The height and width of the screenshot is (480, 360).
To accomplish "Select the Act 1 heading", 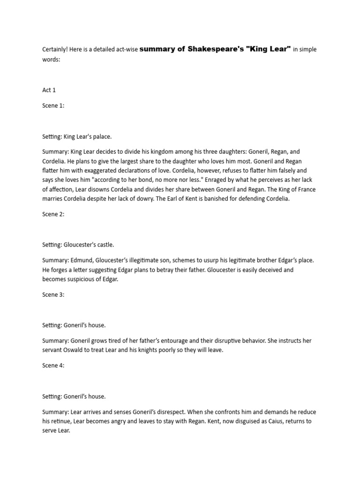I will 49,90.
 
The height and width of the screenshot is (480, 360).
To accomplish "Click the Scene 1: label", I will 53,105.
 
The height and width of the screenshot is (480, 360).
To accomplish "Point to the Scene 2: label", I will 53,214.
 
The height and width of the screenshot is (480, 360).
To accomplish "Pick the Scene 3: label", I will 53,295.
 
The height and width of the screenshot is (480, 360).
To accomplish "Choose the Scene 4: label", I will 53,366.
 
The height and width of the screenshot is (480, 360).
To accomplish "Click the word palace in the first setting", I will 102,137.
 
